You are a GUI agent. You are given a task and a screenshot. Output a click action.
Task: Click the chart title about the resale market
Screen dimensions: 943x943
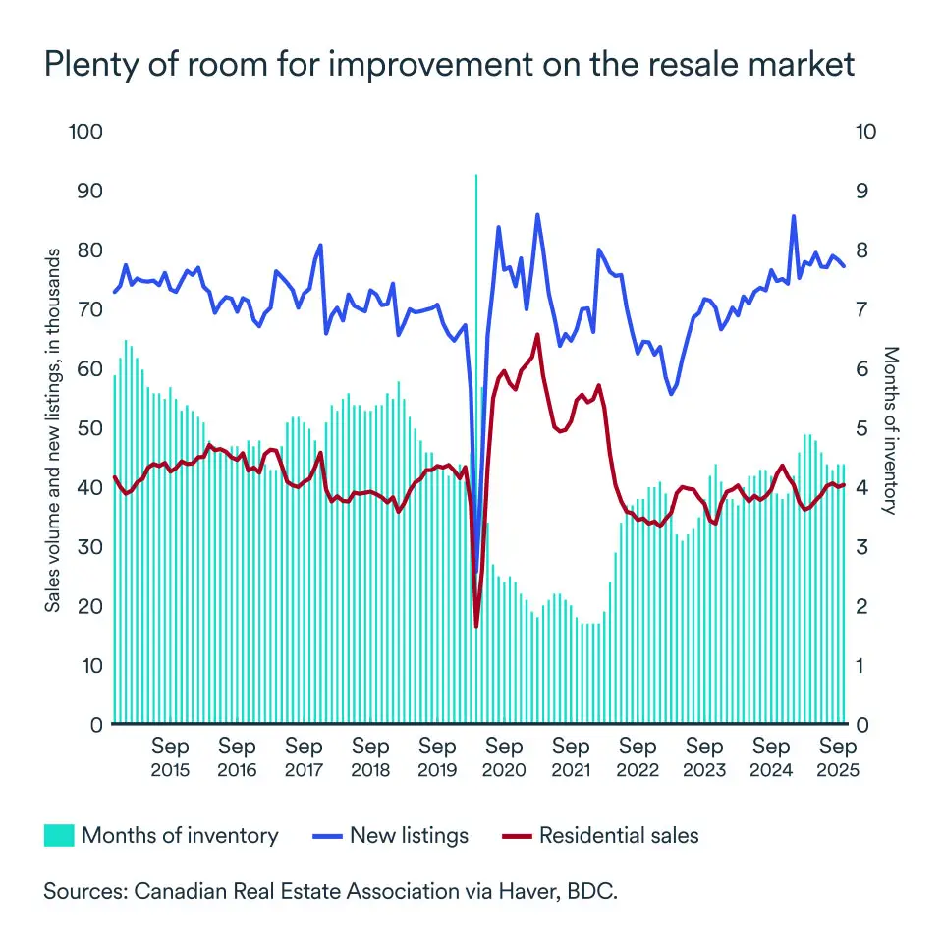[449, 64]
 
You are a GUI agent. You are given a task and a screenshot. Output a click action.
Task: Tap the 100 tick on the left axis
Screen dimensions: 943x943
[85, 131]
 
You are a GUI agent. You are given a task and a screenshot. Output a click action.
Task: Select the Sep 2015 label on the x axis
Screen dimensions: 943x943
[170, 758]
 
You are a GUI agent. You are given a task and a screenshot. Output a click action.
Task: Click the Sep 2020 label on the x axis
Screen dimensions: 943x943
[504, 758]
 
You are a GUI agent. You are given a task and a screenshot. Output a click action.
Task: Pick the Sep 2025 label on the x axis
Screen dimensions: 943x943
[837, 758]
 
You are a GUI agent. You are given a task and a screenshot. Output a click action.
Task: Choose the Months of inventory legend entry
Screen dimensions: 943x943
[162, 836]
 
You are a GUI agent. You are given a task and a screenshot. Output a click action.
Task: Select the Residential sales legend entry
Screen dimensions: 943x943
[600, 836]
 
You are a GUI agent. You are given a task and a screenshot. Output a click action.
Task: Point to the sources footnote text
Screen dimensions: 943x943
[330, 893]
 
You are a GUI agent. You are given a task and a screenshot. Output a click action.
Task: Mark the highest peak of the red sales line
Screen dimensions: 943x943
[537, 335]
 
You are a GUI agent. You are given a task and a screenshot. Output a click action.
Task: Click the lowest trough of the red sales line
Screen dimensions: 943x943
[476, 626]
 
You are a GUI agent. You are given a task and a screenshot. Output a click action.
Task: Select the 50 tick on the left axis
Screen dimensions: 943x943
[90, 428]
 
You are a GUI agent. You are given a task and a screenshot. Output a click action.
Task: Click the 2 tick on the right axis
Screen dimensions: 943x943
[860, 606]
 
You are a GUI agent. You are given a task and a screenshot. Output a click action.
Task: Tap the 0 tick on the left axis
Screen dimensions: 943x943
[96, 725]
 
